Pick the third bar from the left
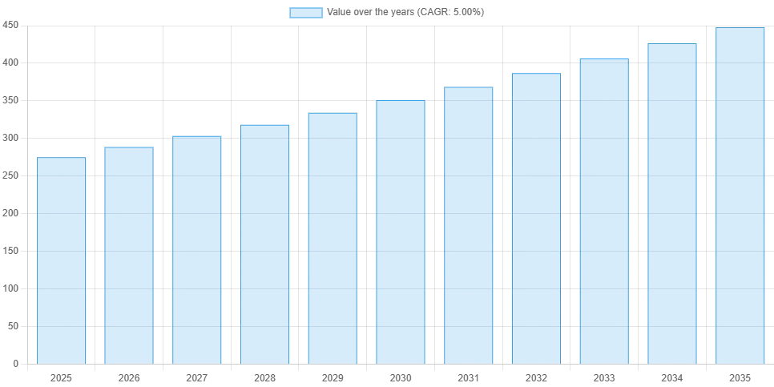pyautogui.click(x=196, y=249)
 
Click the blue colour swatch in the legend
pyautogui.click(x=307, y=13)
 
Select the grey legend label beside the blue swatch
pyautogui.click(x=406, y=13)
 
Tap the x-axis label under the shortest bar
pyautogui.click(x=61, y=377)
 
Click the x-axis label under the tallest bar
pyautogui.click(x=740, y=377)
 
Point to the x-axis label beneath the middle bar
pyautogui.click(x=400, y=377)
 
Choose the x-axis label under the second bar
pyautogui.click(x=128, y=377)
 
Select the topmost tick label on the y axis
pyautogui.click(x=10, y=26)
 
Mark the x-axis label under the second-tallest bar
pyautogui.click(x=672, y=377)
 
